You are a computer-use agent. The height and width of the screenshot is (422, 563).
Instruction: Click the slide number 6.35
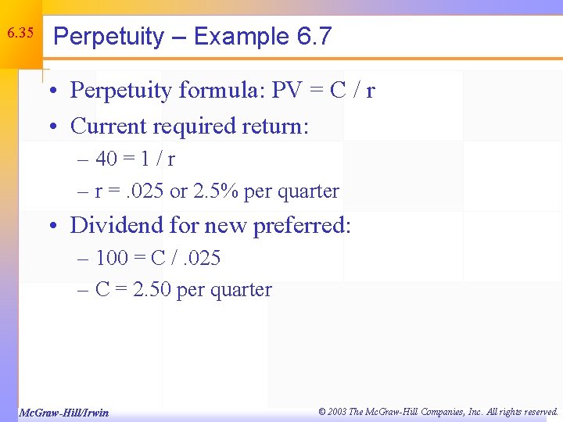click(x=20, y=34)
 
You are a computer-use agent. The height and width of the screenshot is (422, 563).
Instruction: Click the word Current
click(x=108, y=126)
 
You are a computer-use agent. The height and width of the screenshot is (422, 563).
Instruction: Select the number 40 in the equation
click(x=106, y=159)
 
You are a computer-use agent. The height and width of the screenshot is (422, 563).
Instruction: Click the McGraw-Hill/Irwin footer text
click(x=63, y=412)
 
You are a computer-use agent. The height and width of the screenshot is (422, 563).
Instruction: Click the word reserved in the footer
click(x=537, y=411)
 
